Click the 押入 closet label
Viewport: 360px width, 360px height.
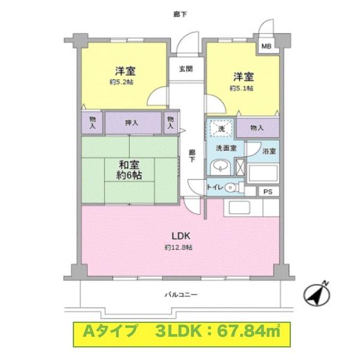132,123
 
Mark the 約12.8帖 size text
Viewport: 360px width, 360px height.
179,247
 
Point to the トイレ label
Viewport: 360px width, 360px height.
215,188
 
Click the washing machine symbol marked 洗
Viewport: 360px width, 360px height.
220,128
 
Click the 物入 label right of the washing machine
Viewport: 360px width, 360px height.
257,127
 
